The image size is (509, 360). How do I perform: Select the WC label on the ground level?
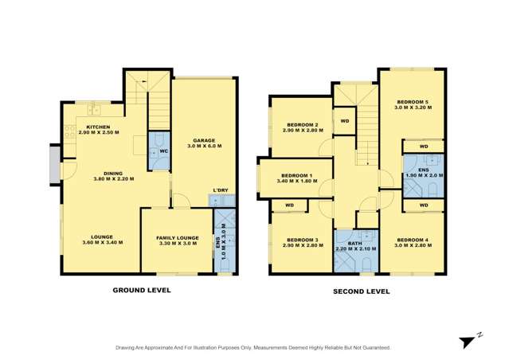pyautogui.click(x=162, y=151)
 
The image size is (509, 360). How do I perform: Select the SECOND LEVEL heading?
pyautogui.click(x=361, y=292)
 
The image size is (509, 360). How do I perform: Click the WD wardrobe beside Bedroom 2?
pyautogui.click(x=344, y=122)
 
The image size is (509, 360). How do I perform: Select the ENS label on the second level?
pyautogui.click(x=423, y=170)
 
